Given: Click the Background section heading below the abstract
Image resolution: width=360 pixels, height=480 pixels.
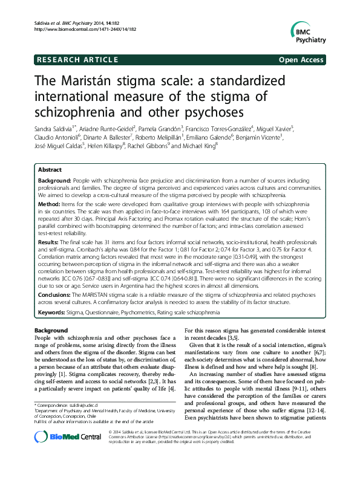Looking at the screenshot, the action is (51, 331).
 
